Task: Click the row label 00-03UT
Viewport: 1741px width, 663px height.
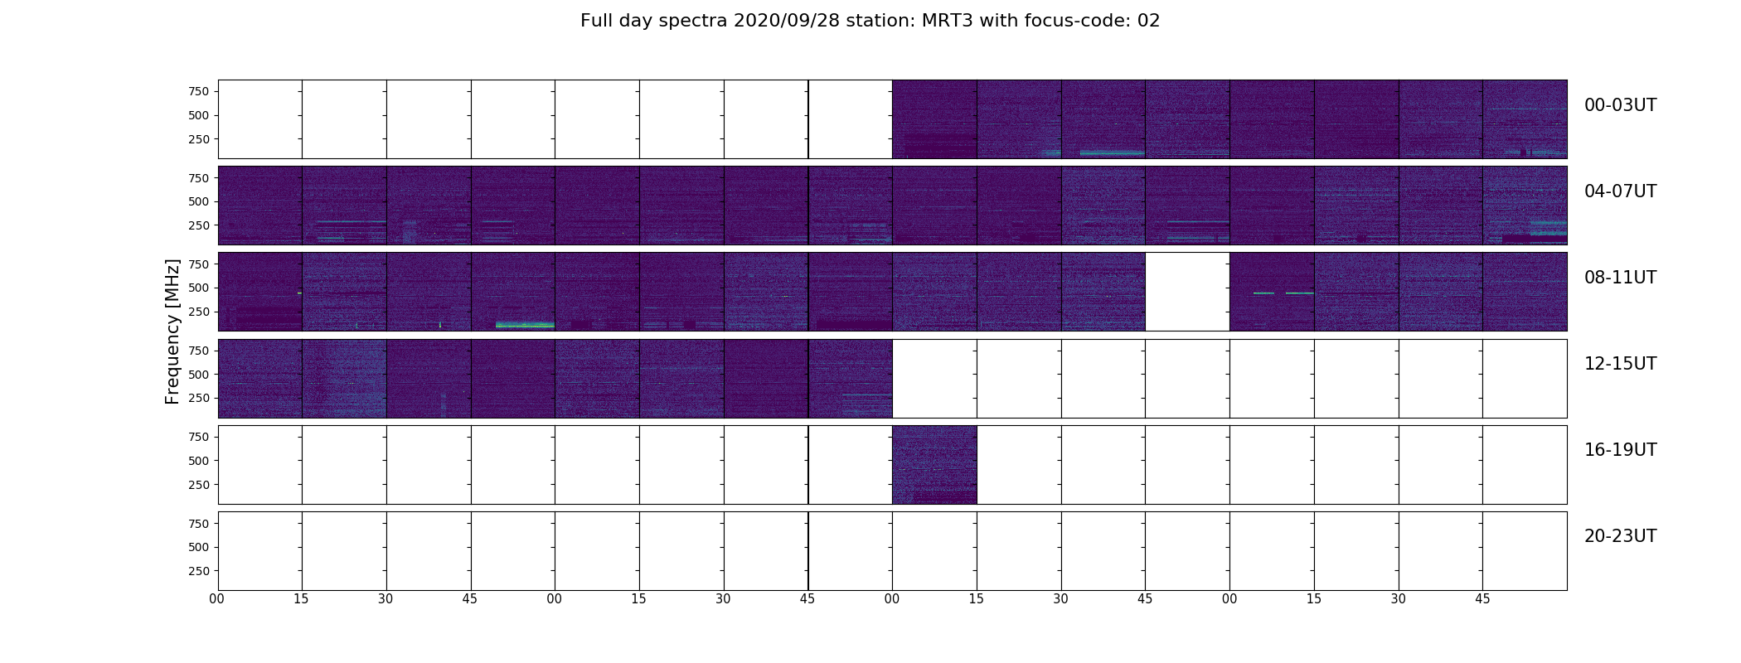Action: coord(1620,105)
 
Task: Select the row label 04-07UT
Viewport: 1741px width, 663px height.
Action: coord(1620,191)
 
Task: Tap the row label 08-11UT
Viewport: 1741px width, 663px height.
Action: coord(1620,278)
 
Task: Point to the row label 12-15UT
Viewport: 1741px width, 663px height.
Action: coord(1620,364)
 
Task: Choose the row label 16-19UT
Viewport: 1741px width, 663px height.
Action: coord(1620,450)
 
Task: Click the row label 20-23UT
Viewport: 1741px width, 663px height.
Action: coord(1620,536)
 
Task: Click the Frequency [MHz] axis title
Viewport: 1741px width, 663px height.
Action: coord(172,331)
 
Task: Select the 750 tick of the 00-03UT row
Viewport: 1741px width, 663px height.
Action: coord(199,91)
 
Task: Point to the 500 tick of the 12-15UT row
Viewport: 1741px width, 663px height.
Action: coord(199,375)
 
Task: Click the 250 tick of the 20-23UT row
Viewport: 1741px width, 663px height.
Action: coord(199,571)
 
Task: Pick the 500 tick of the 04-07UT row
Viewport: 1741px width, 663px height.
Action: coord(199,201)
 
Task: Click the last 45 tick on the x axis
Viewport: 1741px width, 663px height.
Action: coord(1482,599)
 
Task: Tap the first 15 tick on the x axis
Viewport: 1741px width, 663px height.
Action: coord(301,599)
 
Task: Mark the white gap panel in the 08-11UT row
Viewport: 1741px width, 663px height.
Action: coord(1187,292)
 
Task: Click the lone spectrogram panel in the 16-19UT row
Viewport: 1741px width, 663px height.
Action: coord(934,465)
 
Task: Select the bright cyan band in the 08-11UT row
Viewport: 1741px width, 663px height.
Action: coord(525,325)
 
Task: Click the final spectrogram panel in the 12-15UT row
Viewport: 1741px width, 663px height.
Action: coord(850,379)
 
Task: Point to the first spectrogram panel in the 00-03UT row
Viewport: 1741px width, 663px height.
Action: coord(934,119)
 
